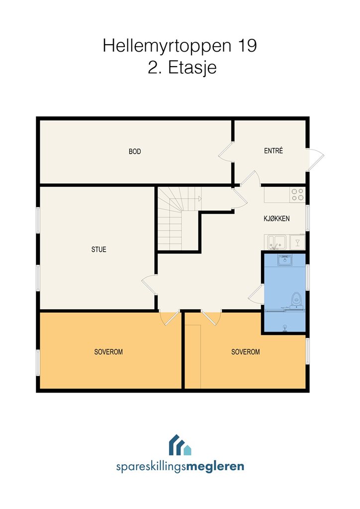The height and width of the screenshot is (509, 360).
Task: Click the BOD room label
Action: tap(135, 151)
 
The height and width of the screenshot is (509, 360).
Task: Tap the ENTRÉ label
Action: tap(273, 151)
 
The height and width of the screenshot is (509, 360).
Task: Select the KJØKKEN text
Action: tap(276, 219)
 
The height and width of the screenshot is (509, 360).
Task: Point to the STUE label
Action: tap(98, 250)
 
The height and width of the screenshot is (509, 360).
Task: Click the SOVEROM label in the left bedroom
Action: tap(108, 351)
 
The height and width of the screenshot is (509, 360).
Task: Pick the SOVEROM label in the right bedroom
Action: tap(246, 351)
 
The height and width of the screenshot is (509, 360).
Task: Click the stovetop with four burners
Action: tap(297, 194)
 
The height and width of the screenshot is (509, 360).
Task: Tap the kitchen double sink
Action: tap(276, 242)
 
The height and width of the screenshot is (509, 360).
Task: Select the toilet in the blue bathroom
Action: tap(296, 300)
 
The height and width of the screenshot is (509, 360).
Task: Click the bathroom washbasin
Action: tap(285, 259)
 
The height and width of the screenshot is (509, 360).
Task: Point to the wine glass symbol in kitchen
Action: tap(297, 242)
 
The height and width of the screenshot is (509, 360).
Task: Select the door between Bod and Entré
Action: tap(226, 152)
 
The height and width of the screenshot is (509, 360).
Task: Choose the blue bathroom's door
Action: tap(256, 294)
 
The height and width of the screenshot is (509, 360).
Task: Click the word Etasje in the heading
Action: tap(192, 68)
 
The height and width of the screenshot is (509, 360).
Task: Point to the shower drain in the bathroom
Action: tap(285, 328)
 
